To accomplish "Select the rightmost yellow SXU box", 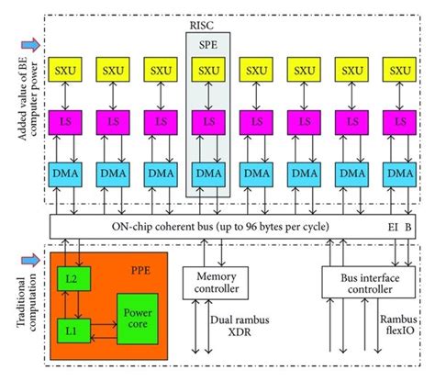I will pos(402,71).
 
